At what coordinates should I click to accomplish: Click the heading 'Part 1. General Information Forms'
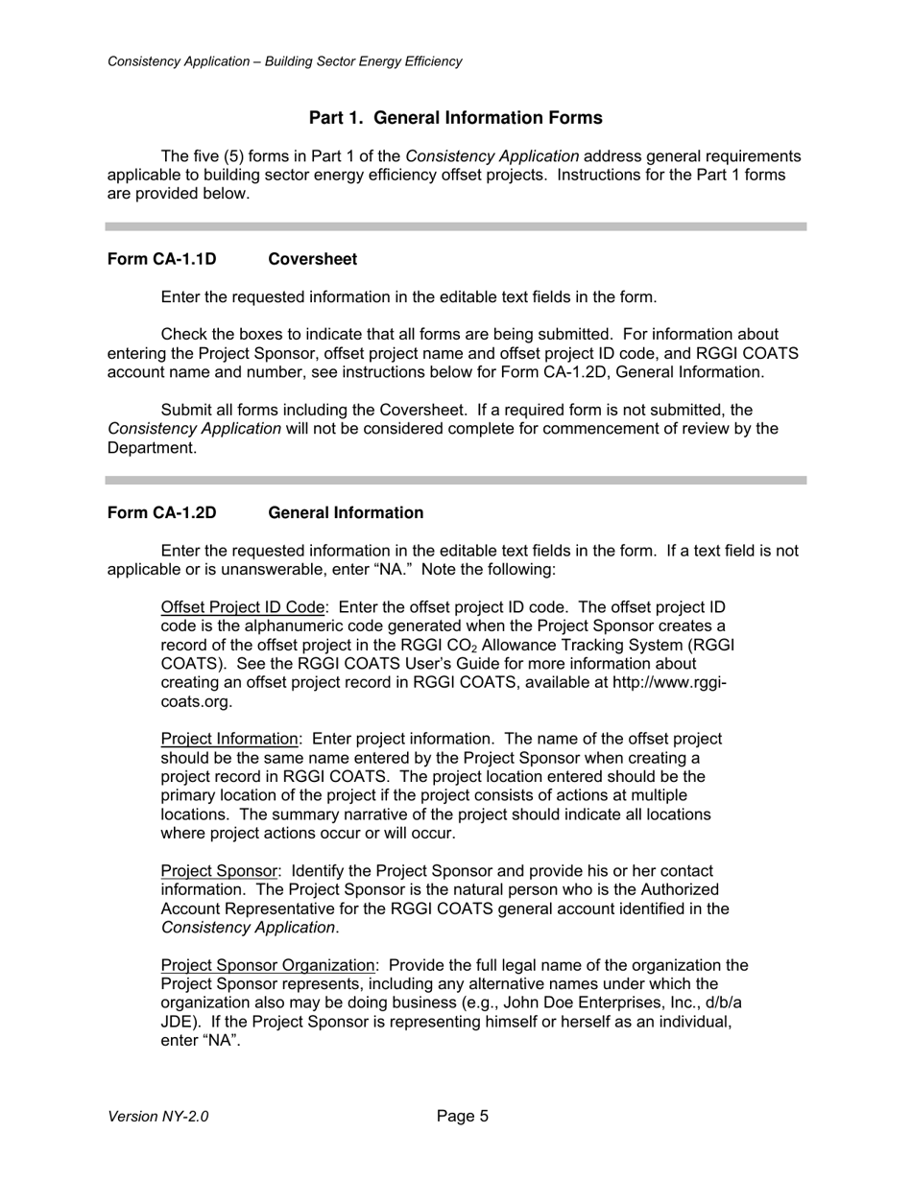click(455, 118)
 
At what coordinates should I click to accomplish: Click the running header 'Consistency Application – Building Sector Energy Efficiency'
click(284, 61)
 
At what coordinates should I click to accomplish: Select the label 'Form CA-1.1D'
click(161, 260)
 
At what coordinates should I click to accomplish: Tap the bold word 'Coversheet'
click(312, 260)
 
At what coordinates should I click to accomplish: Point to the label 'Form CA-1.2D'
click(161, 513)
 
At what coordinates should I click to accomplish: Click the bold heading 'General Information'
click(346, 513)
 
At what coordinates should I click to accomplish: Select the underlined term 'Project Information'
click(229, 739)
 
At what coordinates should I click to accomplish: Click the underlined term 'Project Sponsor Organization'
click(268, 965)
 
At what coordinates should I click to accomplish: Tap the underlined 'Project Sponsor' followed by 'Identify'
click(219, 871)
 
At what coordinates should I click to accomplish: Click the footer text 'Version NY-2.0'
click(157, 1117)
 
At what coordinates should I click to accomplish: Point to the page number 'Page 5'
click(463, 1116)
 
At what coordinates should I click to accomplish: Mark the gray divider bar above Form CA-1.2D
click(455, 480)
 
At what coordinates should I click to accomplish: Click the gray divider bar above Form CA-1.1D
click(455, 226)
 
